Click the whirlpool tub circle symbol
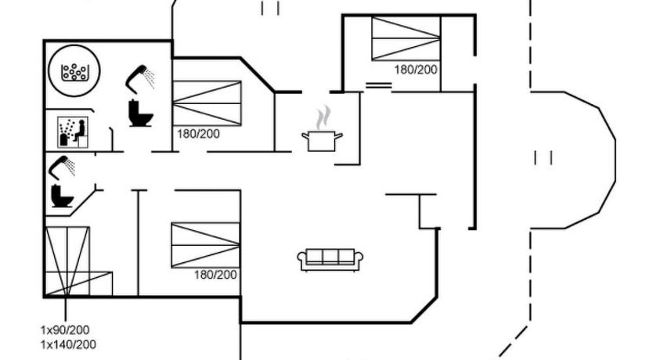tap(74, 71)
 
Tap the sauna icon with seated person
tap(73, 132)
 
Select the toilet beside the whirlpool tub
tap(140, 113)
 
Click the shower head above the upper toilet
tap(140, 79)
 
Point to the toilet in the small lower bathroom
tap(62, 196)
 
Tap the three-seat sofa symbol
tap(330, 260)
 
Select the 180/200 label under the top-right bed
tap(416, 70)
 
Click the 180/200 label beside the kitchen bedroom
tap(198, 134)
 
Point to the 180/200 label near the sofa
tap(215, 275)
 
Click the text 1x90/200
tap(64, 330)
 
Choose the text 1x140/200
tap(68, 344)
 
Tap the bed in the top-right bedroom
tap(406, 38)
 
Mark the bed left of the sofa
tap(205, 245)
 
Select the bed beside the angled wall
tap(207, 103)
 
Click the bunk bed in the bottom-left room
tap(78, 261)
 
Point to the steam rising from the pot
tap(323, 117)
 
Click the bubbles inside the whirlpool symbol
tap(74, 72)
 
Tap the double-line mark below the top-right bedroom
tap(378, 86)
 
